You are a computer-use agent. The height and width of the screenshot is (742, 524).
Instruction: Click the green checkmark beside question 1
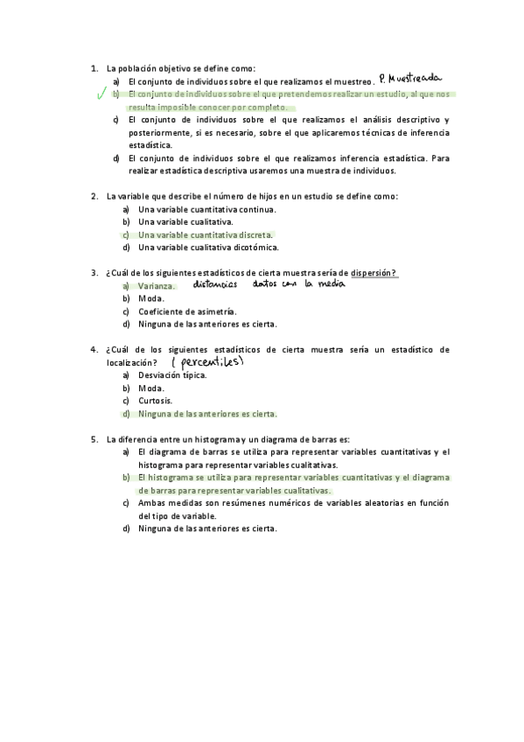coord(102,93)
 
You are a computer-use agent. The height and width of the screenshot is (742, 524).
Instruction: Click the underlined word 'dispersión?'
coord(374,273)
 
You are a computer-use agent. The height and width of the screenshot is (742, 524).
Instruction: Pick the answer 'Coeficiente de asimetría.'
coord(187,311)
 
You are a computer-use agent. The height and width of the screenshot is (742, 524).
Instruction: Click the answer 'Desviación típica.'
coord(172,374)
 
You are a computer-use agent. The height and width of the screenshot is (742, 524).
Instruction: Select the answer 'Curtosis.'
coord(155,400)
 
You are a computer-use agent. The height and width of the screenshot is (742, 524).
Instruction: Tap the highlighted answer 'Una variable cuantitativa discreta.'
coord(206,234)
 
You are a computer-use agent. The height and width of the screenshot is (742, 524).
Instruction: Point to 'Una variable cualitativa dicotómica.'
coord(209,247)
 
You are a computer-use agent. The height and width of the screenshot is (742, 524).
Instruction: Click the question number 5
coord(94,438)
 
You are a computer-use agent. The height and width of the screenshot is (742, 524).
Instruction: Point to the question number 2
coord(94,196)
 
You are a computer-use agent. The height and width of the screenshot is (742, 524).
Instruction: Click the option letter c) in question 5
coord(127,503)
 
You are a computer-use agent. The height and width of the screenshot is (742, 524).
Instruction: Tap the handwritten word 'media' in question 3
coord(331,283)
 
